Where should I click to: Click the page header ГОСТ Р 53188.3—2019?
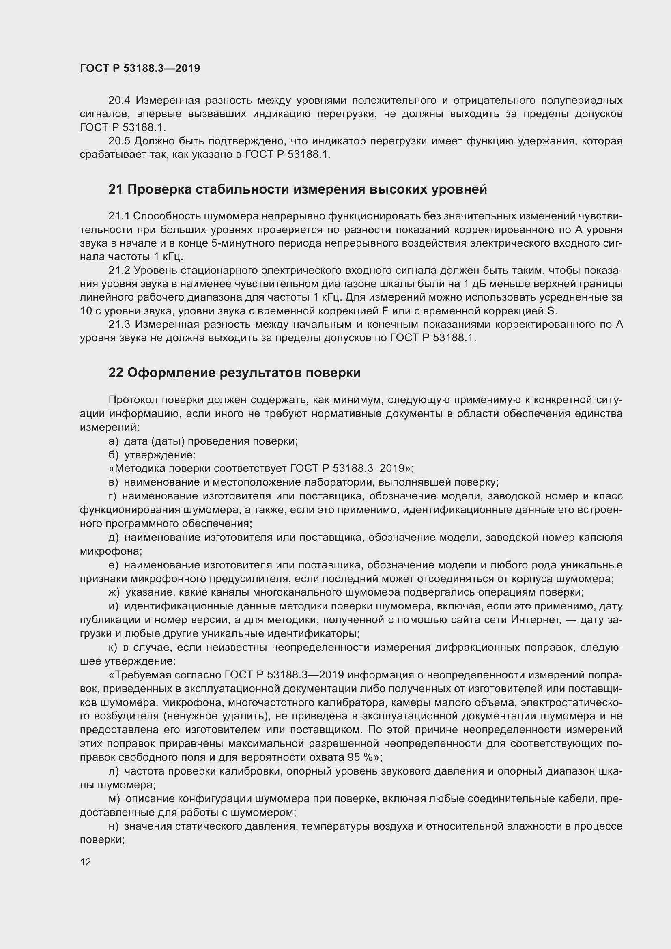tap(140, 68)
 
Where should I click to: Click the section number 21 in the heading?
tap(115, 189)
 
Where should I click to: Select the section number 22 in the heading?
tap(116, 373)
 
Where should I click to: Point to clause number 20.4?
tap(119, 101)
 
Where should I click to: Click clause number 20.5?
tap(119, 141)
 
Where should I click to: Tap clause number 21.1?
tap(119, 216)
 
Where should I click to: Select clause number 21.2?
tap(119, 270)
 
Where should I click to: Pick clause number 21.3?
tap(119, 325)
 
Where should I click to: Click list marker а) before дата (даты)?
tap(113, 441)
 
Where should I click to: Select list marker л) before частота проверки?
tap(113, 771)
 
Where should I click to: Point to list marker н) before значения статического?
tap(113, 826)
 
